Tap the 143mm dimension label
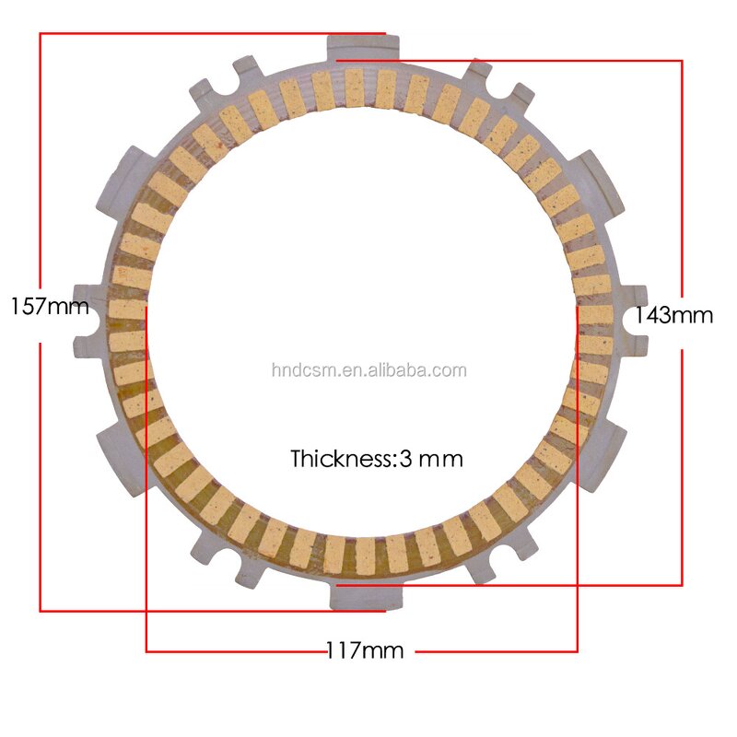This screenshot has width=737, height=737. (x=674, y=316)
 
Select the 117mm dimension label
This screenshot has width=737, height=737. (x=365, y=651)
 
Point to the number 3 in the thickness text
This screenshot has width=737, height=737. (x=405, y=458)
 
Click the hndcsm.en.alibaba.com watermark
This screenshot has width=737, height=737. (x=369, y=371)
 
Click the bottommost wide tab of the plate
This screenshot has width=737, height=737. (x=366, y=596)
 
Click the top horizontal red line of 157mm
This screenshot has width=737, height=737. (x=212, y=34)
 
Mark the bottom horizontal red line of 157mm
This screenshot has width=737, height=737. (x=212, y=610)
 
